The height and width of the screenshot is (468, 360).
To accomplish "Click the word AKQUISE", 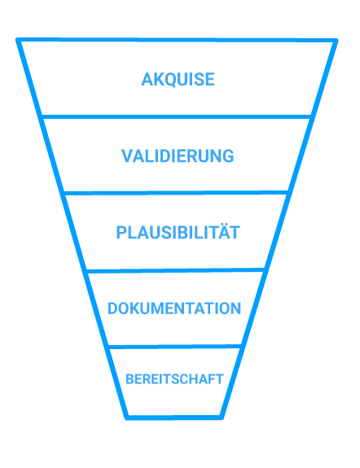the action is (x=178, y=80).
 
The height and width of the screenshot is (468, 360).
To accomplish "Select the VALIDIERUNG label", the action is (x=178, y=155).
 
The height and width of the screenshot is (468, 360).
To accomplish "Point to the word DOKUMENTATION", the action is (x=174, y=308).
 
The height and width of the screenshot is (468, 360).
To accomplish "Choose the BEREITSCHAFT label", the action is (x=174, y=379).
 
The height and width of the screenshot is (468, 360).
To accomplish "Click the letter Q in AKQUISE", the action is (x=170, y=80).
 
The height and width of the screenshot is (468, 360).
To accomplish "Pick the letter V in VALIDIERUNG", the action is (x=127, y=155).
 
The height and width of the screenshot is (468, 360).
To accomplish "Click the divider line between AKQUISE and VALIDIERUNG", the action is (x=176, y=116).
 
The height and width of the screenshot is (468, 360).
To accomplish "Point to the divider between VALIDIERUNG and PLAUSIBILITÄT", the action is (x=176, y=193).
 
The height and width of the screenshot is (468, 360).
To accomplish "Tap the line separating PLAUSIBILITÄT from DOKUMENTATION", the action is (x=176, y=270).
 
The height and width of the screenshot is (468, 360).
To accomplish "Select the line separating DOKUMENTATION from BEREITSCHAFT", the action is (x=175, y=347).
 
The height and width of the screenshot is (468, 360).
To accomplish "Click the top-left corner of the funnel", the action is (x=18, y=40).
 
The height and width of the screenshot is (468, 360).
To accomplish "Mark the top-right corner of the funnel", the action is (x=336, y=41).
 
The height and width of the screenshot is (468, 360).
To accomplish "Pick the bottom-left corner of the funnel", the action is (x=127, y=418).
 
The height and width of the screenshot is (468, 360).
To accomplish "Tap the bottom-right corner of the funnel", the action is (x=222, y=418).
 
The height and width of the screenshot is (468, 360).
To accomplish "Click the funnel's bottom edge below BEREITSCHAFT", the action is (x=174, y=418).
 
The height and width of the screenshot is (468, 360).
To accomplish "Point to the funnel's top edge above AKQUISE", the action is (x=177, y=41).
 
